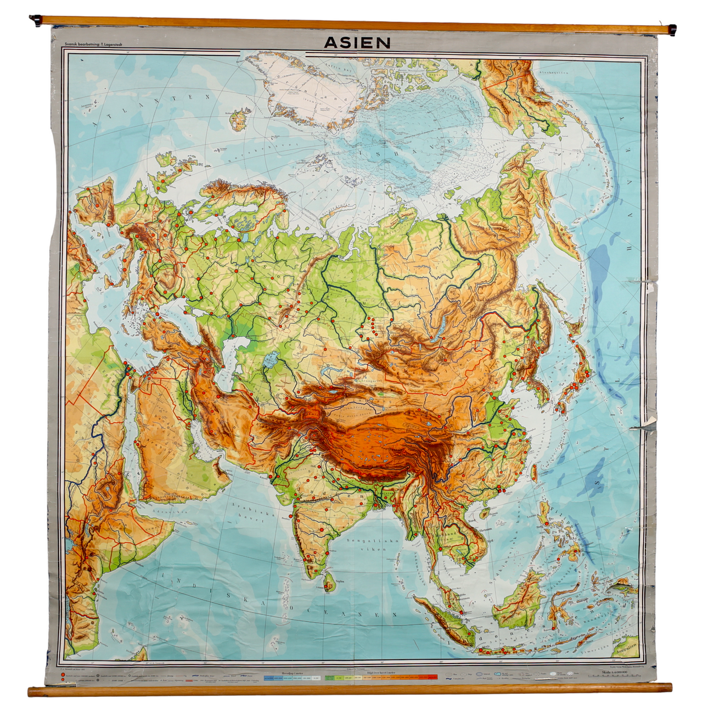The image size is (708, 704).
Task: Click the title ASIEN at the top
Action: pos(357,43)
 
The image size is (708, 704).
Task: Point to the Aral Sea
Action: pos(271,361)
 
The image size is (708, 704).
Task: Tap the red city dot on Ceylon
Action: pos(328,587)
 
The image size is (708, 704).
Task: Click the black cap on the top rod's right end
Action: pos(672,30)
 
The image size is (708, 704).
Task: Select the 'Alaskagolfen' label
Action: pos(554,71)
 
